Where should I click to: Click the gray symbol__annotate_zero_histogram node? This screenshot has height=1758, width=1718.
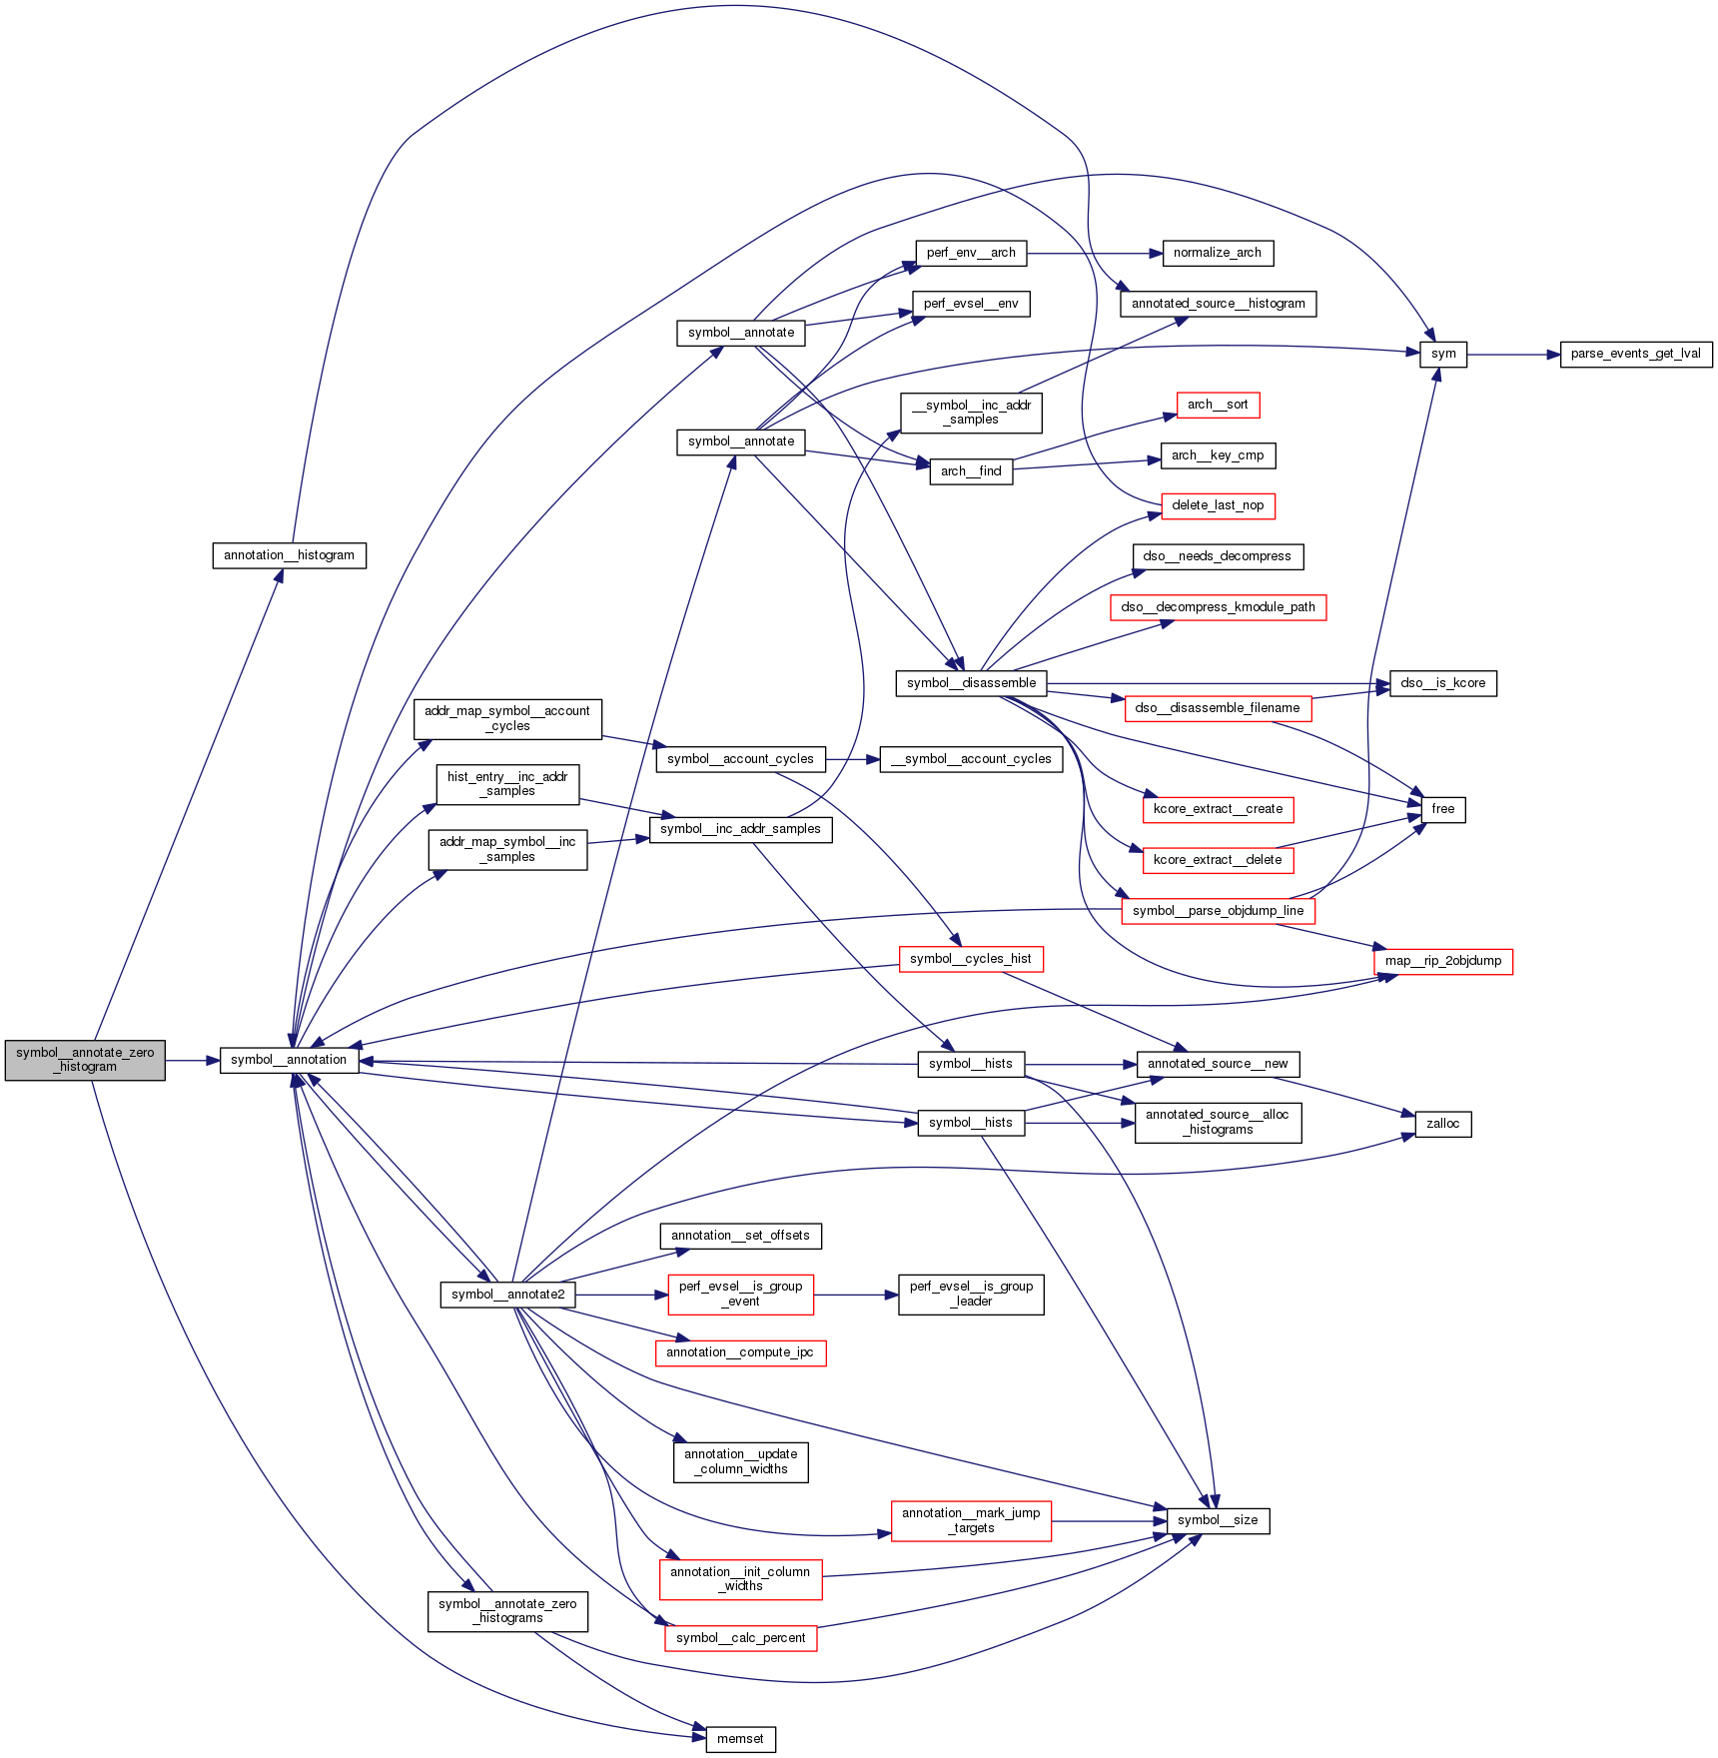85,1060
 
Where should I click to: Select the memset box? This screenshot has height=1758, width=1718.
740,1739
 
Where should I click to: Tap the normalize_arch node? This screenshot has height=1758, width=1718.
1218,253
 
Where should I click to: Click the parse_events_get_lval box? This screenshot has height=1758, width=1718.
1636,354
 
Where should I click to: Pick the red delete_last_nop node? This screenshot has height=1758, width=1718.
1218,505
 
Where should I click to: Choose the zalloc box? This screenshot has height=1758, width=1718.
1442,1124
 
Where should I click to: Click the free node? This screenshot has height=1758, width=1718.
1442,809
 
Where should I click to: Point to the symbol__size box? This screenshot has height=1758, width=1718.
1218,1520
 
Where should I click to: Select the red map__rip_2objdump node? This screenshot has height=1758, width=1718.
1443,961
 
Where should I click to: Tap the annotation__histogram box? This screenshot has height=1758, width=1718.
289,555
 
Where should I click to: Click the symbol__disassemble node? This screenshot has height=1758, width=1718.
972,683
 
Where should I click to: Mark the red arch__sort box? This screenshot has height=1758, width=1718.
1218,405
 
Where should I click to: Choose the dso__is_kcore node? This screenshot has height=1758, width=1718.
1442,683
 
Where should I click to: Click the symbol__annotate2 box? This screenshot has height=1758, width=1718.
507,1295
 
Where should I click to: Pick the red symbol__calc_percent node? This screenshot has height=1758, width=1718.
740,1638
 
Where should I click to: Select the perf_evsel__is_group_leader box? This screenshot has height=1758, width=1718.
971,1295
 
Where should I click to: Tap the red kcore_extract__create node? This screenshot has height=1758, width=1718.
1218,809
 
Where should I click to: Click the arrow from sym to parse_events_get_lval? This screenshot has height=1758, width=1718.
1513,354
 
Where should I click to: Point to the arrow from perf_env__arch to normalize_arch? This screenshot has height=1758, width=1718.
1094,253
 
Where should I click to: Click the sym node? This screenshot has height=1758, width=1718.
1443,354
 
